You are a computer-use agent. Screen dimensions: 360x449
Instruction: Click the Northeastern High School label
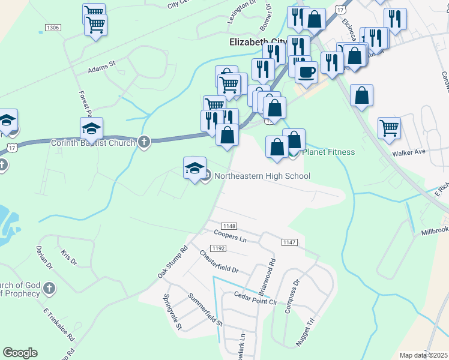[262, 176]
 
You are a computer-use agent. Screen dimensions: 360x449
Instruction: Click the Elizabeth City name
[258, 42]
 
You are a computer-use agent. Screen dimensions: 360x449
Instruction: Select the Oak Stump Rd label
[172, 261]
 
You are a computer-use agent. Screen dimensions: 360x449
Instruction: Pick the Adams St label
[101, 70]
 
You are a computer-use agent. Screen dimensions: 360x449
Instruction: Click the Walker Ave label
[408, 152]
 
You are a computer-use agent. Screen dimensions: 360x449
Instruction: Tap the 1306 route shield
[53, 28]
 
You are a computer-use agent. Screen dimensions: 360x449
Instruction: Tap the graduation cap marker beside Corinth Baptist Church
[91, 128]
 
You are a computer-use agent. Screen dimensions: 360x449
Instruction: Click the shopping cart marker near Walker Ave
[389, 127]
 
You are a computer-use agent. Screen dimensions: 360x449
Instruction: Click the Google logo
[20, 353]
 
